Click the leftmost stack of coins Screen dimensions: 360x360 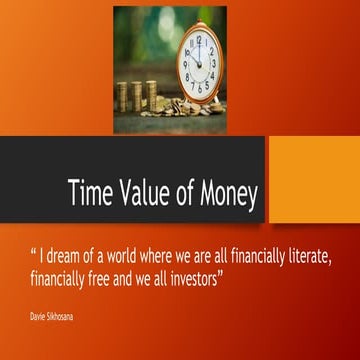pos(122,96)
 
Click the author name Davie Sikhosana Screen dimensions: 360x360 pos(51,314)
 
